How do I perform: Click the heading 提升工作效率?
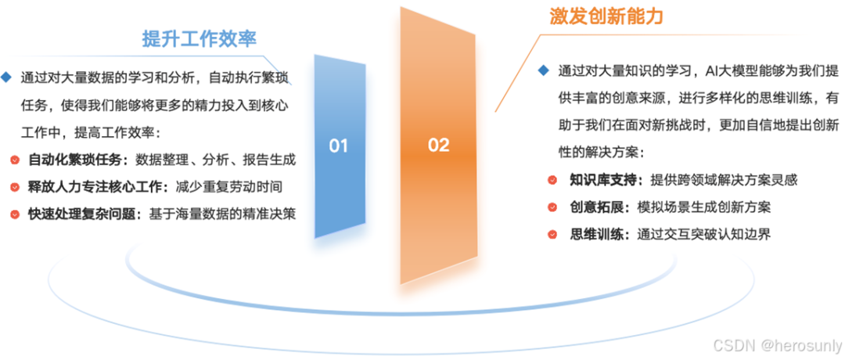click(x=199, y=39)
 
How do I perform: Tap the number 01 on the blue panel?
click(x=338, y=146)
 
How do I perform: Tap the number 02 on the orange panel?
click(x=439, y=145)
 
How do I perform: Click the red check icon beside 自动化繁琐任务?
click(x=15, y=160)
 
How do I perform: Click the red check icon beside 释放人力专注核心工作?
click(x=15, y=187)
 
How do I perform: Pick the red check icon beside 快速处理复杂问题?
click(x=15, y=214)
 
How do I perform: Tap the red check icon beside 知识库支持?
click(x=552, y=181)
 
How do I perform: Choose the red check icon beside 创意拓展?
click(x=552, y=207)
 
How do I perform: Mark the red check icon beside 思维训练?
click(x=552, y=234)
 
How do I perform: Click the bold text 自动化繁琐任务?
click(x=77, y=160)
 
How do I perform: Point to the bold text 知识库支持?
click(x=603, y=181)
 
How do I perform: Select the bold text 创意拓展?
click(x=595, y=207)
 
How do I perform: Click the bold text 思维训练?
click(x=595, y=234)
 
